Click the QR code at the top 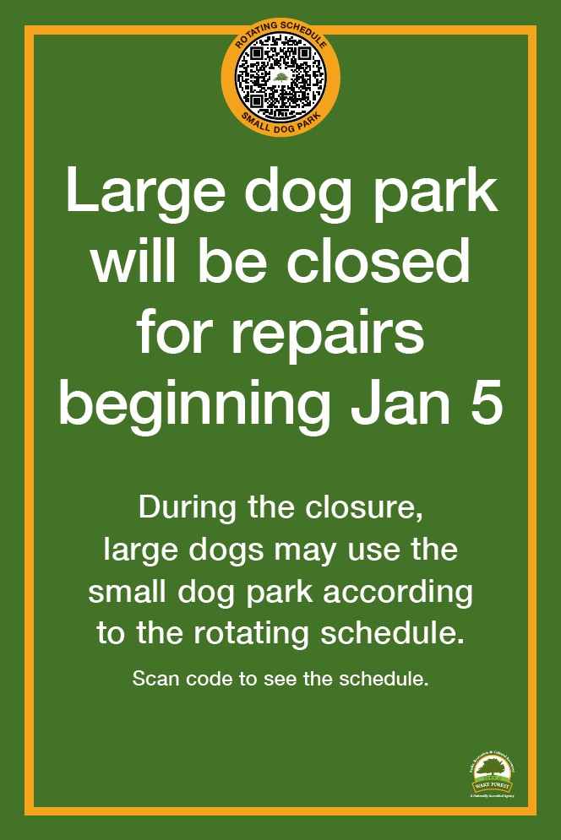[280, 76]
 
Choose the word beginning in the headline [193, 407]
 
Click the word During [182, 509]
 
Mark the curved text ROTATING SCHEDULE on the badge [280, 35]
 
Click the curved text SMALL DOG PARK [280, 119]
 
